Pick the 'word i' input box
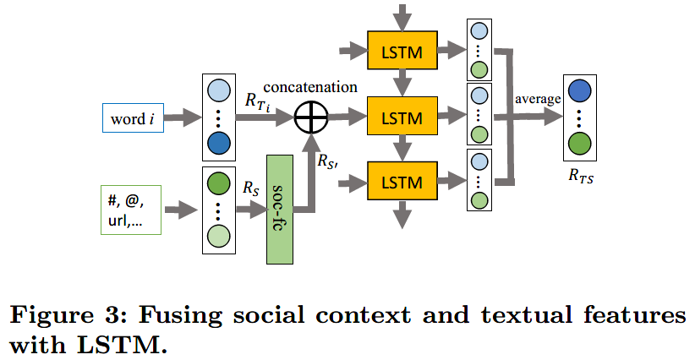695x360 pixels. pyautogui.click(x=131, y=118)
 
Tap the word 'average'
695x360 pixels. pyautogui.click(x=538, y=99)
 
